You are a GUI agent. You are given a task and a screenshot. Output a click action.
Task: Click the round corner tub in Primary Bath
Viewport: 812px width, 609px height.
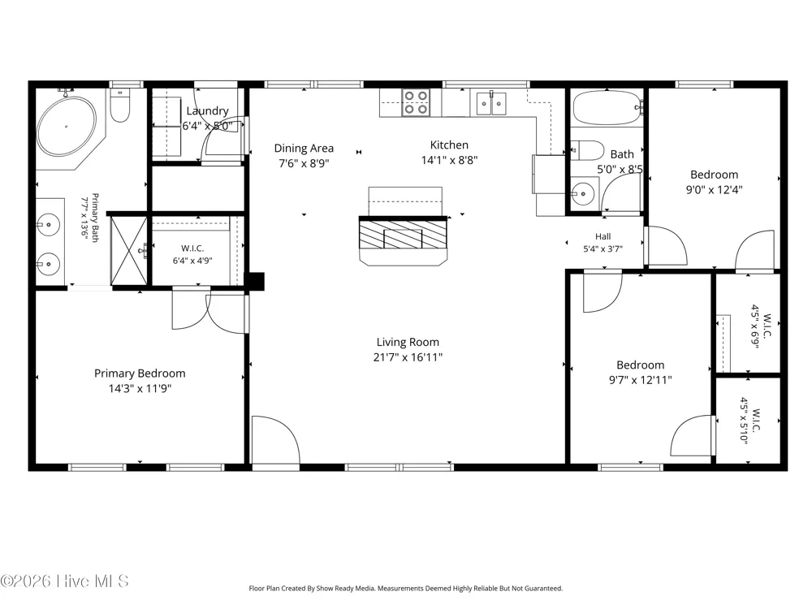[x=67, y=127]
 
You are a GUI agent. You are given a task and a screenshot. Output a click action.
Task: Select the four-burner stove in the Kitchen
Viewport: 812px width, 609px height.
[x=416, y=102]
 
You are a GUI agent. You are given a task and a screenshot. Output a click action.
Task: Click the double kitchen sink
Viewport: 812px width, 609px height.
[x=491, y=104]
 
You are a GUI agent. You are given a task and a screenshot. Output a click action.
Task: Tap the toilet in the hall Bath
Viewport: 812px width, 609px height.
[x=588, y=151]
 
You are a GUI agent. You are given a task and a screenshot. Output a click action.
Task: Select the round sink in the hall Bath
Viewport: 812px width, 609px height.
[x=583, y=194]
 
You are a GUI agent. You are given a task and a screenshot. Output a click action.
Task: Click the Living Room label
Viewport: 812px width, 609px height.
[x=408, y=342]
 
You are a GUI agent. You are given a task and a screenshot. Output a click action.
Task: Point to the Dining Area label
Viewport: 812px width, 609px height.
[x=304, y=148]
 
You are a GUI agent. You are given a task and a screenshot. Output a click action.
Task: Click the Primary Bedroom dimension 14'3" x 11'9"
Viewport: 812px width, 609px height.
[x=140, y=388]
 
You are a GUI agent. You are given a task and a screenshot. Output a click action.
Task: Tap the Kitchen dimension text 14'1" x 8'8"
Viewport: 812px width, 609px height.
[x=449, y=160]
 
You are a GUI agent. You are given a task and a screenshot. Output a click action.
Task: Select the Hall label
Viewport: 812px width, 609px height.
[x=603, y=236]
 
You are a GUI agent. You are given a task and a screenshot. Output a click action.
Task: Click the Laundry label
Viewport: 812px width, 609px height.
[x=207, y=110]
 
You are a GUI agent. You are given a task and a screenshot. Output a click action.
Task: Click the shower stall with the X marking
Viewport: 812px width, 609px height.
[x=129, y=251]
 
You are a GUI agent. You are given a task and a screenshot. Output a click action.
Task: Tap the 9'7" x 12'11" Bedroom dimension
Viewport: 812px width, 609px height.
[x=641, y=379]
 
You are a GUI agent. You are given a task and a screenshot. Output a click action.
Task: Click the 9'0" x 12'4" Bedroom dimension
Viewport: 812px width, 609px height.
[x=714, y=189]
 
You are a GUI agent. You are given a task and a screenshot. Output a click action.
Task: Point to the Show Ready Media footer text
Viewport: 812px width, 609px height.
[x=405, y=588]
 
